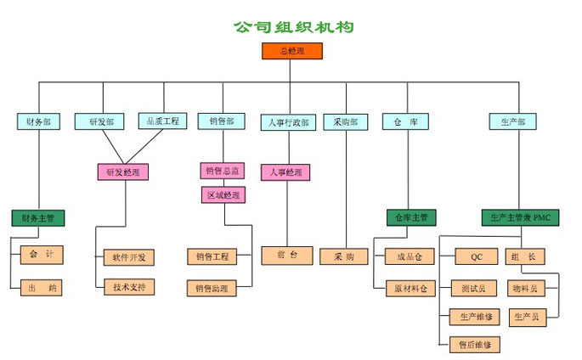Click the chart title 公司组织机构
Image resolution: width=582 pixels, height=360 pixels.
293,27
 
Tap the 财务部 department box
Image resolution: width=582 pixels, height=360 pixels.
38,121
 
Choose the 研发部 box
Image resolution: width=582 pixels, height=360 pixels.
101,121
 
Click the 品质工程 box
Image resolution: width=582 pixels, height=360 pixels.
162,121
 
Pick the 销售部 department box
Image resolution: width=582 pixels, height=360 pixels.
223,121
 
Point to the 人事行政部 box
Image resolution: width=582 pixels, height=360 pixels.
289,122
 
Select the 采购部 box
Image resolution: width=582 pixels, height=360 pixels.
346,121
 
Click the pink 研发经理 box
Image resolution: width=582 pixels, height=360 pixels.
124,172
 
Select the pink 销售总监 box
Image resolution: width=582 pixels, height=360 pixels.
223,171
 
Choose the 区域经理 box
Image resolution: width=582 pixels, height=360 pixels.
223,195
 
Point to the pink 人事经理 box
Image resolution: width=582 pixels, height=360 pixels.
285,172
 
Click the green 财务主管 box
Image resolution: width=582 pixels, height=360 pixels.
38,218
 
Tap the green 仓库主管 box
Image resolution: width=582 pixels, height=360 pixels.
412,218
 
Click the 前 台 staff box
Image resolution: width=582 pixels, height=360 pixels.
286,255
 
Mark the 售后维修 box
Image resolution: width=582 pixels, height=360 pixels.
476,345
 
